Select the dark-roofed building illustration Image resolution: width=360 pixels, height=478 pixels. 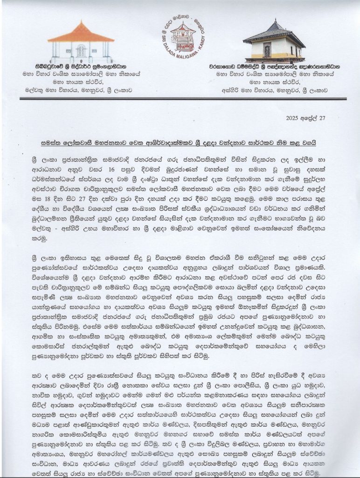click(274, 42)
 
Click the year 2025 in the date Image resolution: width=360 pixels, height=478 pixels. click(293, 119)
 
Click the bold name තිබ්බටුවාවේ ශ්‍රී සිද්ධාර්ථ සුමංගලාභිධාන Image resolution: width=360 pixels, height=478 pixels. click(80, 67)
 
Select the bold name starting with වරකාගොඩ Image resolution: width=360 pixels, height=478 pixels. click(276, 67)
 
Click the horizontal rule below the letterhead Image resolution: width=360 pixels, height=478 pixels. click(180, 98)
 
